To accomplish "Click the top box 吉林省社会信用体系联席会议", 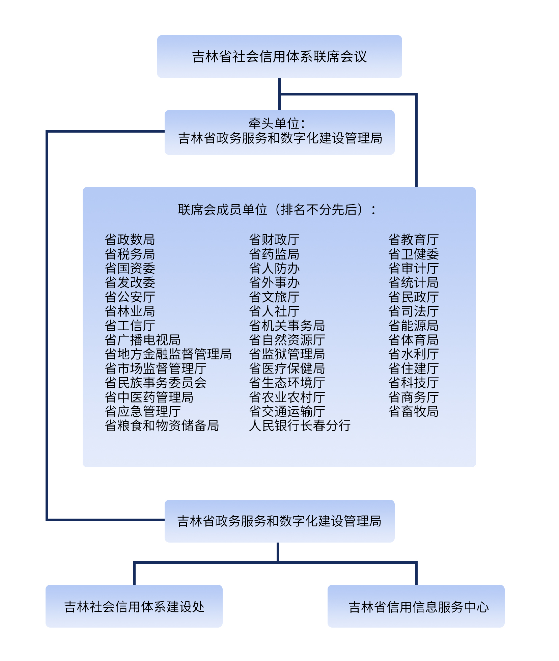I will pyautogui.click(x=279, y=56).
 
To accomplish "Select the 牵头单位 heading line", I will pyautogui.click(x=277, y=123).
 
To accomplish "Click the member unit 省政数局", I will pyautogui.click(x=130, y=240).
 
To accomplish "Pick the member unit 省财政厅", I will pyautogui.click(x=274, y=240).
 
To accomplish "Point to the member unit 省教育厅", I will pyautogui.click(x=414, y=240).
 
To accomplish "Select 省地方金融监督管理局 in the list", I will pyautogui.click(x=168, y=354).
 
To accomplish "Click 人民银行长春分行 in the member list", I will pyautogui.click(x=300, y=425).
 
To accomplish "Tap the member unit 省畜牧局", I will pyautogui.click(x=414, y=411).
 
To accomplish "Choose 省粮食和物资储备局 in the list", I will pyautogui.click(x=162, y=425).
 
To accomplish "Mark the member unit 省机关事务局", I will pyautogui.click(x=287, y=326).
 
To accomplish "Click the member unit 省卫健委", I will pyautogui.click(x=414, y=254).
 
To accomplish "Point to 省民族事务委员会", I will pyautogui.click(x=156, y=383).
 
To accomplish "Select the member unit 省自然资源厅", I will pyautogui.click(x=287, y=340).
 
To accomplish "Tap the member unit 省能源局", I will pyautogui.click(x=414, y=326).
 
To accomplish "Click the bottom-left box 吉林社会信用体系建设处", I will pyautogui.click(x=134, y=606).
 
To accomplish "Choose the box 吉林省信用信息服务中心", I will pyautogui.click(x=418, y=607).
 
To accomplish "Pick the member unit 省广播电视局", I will pyautogui.click(x=143, y=340).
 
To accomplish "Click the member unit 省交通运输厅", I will pyautogui.click(x=287, y=411).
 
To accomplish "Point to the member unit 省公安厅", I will pyautogui.click(x=130, y=297).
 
